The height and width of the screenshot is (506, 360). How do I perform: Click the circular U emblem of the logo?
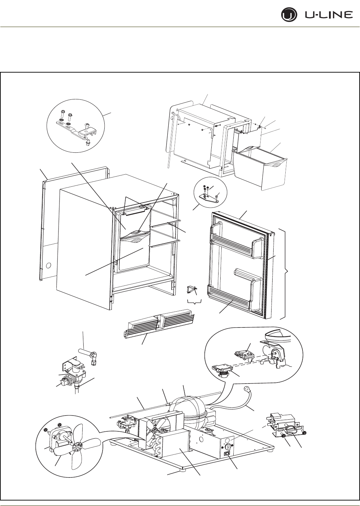point(287,15)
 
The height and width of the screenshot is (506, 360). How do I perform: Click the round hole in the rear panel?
point(49,266)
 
